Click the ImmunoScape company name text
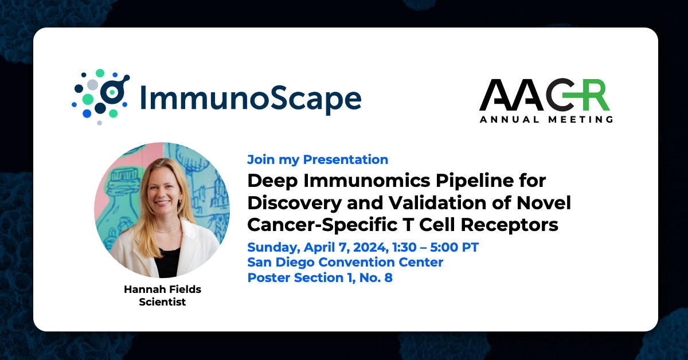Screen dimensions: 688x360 pyautogui.click(x=251, y=98)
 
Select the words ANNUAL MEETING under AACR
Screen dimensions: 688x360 pyautogui.click(x=546, y=119)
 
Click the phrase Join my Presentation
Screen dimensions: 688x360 pyautogui.click(x=318, y=160)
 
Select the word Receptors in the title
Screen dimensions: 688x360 pyautogui.click(x=509, y=225)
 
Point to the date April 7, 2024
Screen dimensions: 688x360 pyautogui.click(x=346, y=248)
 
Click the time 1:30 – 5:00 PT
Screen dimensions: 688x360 pyautogui.click(x=436, y=247)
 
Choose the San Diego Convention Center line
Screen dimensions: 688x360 pyautogui.click(x=345, y=263)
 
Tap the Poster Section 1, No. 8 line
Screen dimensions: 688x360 pyautogui.click(x=320, y=277)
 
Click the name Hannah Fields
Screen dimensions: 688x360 pyautogui.click(x=162, y=289)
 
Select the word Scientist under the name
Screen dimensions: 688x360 pyautogui.click(x=162, y=302)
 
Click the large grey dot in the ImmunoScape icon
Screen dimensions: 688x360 pyautogui.click(x=92, y=84)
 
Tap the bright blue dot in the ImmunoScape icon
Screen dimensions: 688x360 pyautogui.click(x=87, y=114)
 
